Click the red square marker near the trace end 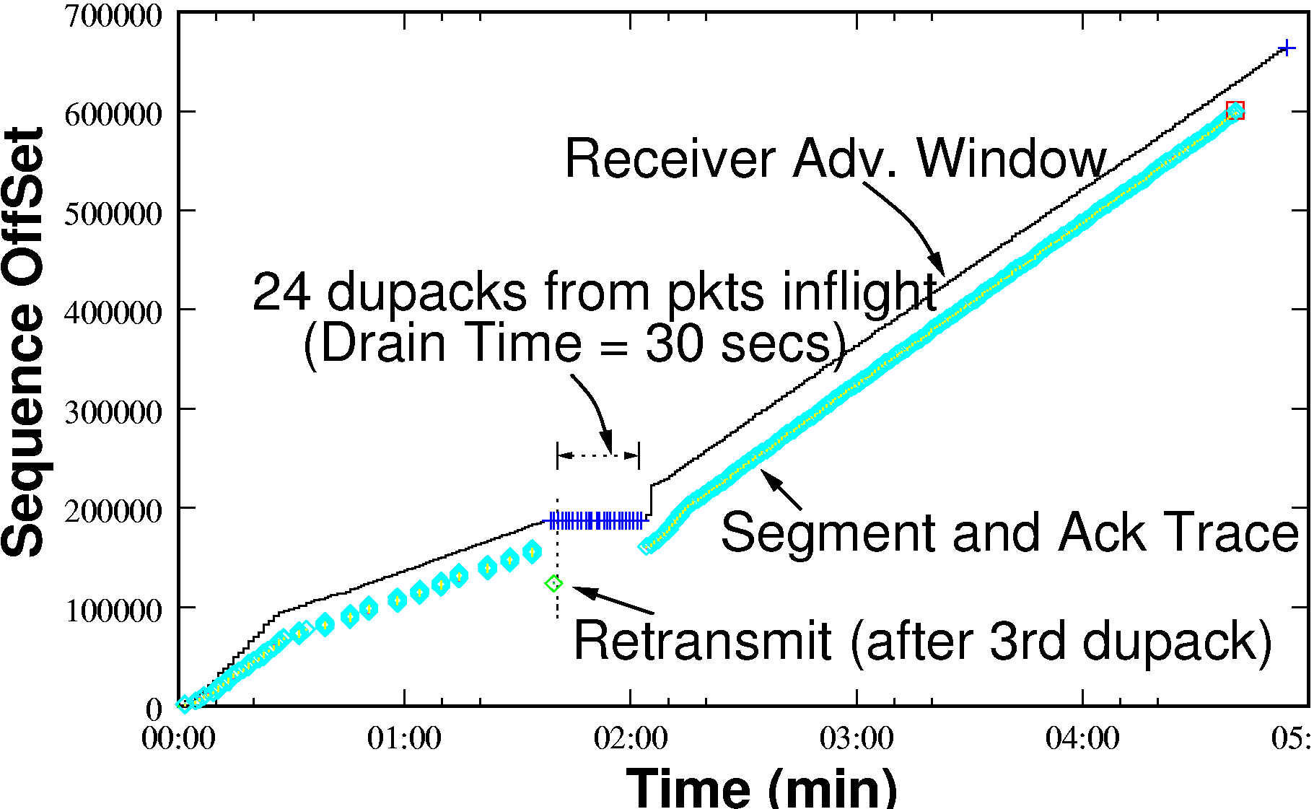pyautogui.click(x=1235, y=110)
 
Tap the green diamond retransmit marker pyautogui.click(x=553, y=583)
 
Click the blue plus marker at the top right pyautogui.click(x=1286, y=48)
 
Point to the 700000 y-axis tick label pyautogui.click(x=114, y=16)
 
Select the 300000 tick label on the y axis pyautogui.click(x=114, y=412)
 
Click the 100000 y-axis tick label pyautogui.click(x=114, y=611)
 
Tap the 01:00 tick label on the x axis pyautogui.click(x=404, y=738)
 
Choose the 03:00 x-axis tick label pyautogui.click(x=857, y=738)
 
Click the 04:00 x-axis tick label pyautogui.click(x=1082, y=738)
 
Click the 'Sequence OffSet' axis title pyautogui.click(x=23, y=342)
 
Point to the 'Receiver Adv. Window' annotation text pyautogui.click(x=835, y=159)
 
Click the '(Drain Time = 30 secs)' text pyautogui.click(x=575, y=343)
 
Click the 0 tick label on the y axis pyautogui.click(x=154, y=709)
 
